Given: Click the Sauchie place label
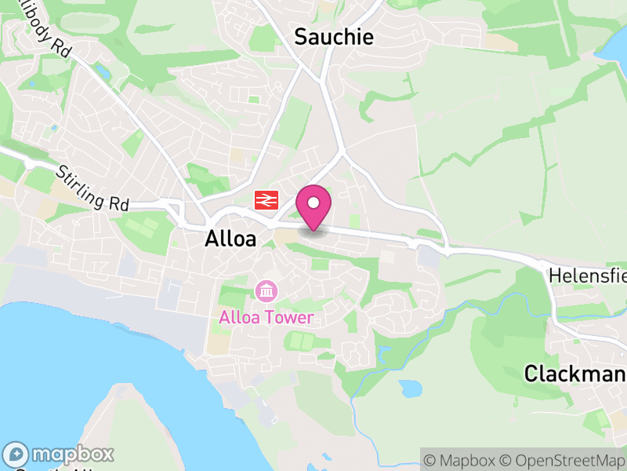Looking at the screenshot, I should pos(334,36).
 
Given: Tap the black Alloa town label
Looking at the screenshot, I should pos(230,239).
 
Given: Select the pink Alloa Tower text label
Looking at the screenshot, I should pos(266,317).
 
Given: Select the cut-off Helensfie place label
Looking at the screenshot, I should pos(587,276).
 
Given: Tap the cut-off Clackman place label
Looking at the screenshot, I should pos(574,373).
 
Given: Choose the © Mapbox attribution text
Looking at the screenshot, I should pos(461,460).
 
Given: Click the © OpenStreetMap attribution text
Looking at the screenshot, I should pos(563,460).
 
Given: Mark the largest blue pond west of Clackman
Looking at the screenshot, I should pos(411,388).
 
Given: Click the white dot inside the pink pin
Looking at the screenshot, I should pos(313,203).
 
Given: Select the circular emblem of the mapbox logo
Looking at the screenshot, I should pos(16,455).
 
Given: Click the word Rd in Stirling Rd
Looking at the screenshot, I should pos(118,203).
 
